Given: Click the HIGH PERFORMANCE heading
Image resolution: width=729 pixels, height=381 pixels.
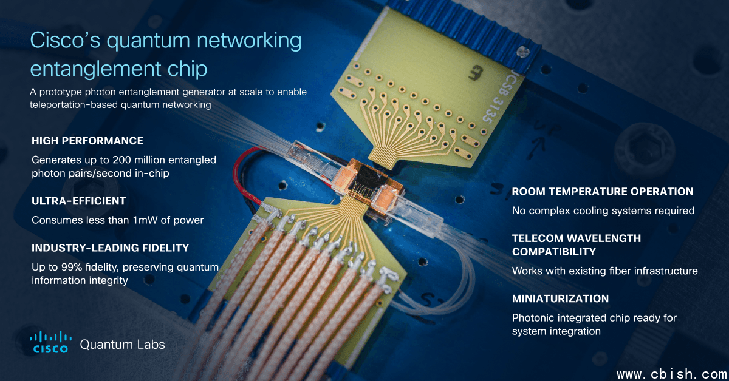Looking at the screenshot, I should [87, 141].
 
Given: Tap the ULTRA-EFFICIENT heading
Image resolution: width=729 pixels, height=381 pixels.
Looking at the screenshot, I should [78, 200].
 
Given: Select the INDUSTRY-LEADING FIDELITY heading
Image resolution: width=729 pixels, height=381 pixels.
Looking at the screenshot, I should [110, 248].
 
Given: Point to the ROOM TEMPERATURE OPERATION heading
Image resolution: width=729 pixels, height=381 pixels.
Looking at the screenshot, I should [602, 192].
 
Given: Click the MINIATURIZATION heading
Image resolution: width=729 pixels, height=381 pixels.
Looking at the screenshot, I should [560, 299].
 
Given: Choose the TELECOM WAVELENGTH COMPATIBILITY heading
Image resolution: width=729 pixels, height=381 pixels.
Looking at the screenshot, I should [576, 245].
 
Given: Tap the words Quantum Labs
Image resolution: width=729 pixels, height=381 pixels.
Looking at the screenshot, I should [122, 345].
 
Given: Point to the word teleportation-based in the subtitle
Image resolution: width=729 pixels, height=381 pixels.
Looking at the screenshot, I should [78, 104].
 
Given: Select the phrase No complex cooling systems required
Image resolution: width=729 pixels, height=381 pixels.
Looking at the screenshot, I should [603, 211].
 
